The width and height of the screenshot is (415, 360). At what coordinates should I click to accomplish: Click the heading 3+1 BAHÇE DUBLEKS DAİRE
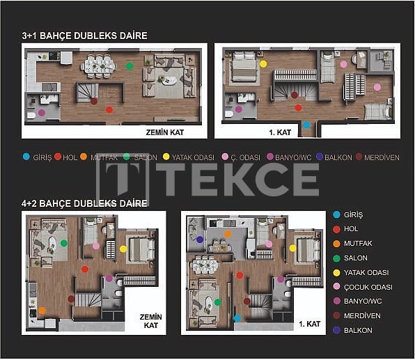[x=84, y=36]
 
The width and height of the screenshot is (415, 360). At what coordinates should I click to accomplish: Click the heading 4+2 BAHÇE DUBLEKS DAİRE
[x=84, y=203]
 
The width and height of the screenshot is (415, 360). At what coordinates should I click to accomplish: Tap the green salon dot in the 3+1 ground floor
[x=130, y=66]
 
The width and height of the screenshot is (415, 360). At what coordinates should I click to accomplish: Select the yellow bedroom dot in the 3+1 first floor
[x=263, y=63]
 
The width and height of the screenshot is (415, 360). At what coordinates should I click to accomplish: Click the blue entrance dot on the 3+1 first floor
[x=306, y=125]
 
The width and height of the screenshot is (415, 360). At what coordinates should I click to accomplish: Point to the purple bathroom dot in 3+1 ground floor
[x=42, y=112]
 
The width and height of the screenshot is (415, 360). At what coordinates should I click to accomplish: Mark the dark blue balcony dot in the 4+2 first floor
[x=200, y=240]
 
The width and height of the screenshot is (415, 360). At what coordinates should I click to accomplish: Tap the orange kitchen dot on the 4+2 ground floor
[x=42, y=310]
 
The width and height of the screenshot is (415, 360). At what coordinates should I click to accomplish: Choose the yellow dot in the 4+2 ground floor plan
[x=123, y=249]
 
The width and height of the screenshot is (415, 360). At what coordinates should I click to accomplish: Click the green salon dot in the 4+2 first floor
[x=218, y=302]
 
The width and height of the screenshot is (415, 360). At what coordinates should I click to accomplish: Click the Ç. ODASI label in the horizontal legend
[x=245, y=157]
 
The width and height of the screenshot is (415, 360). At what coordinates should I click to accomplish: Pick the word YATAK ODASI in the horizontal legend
[x=193, y=157]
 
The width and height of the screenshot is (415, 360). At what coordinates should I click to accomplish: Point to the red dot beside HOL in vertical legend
[x=336, y=229]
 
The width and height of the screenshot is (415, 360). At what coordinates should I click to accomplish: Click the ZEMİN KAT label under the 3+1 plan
[x=164, y=130]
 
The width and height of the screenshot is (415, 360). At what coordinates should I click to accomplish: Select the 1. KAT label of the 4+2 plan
[x=309, y=324]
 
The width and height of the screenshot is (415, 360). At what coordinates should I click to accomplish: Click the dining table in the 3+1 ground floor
[x=98, y=66]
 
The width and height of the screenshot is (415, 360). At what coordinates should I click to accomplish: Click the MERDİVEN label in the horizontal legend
[x=382, y=157]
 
